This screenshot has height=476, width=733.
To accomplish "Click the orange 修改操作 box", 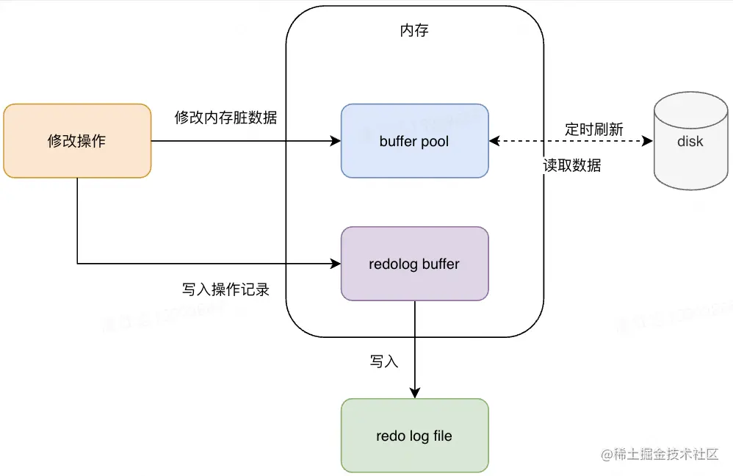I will (x=77, y=141).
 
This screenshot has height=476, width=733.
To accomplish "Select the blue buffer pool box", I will (x=414, y=141).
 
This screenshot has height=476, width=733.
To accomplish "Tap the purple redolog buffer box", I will (x=414, y=264).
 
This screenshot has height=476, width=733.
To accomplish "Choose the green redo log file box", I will (x=414, y=436).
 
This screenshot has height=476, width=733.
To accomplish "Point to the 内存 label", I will (x=414, y=31).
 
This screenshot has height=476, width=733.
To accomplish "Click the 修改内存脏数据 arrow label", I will (x=225, y=118).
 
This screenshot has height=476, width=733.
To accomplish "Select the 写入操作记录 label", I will (x=225, y=289).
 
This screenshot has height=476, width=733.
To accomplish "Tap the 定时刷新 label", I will (x=594, y=129).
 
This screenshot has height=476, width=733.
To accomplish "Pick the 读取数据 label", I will (x=572, y=166).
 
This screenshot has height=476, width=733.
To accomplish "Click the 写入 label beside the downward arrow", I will (x=383, y=361).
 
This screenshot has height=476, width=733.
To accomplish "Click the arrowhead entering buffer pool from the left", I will (x=336, y=141).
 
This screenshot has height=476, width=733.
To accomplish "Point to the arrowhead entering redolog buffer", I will (x=336, y=263).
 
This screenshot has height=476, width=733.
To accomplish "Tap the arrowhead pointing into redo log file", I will (x=414, y=394).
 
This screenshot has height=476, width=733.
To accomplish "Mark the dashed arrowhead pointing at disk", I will (x=648, y=141).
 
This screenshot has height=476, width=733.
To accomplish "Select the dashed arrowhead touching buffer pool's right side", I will (x=494, y=141).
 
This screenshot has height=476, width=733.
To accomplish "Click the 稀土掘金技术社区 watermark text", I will (x=665, y=455).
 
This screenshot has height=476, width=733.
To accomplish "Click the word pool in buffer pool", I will (x=434, y=142).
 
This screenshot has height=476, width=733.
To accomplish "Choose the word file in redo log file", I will (x=442, y=436).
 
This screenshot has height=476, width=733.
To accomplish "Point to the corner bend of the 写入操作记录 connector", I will (x=77, y=263).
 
